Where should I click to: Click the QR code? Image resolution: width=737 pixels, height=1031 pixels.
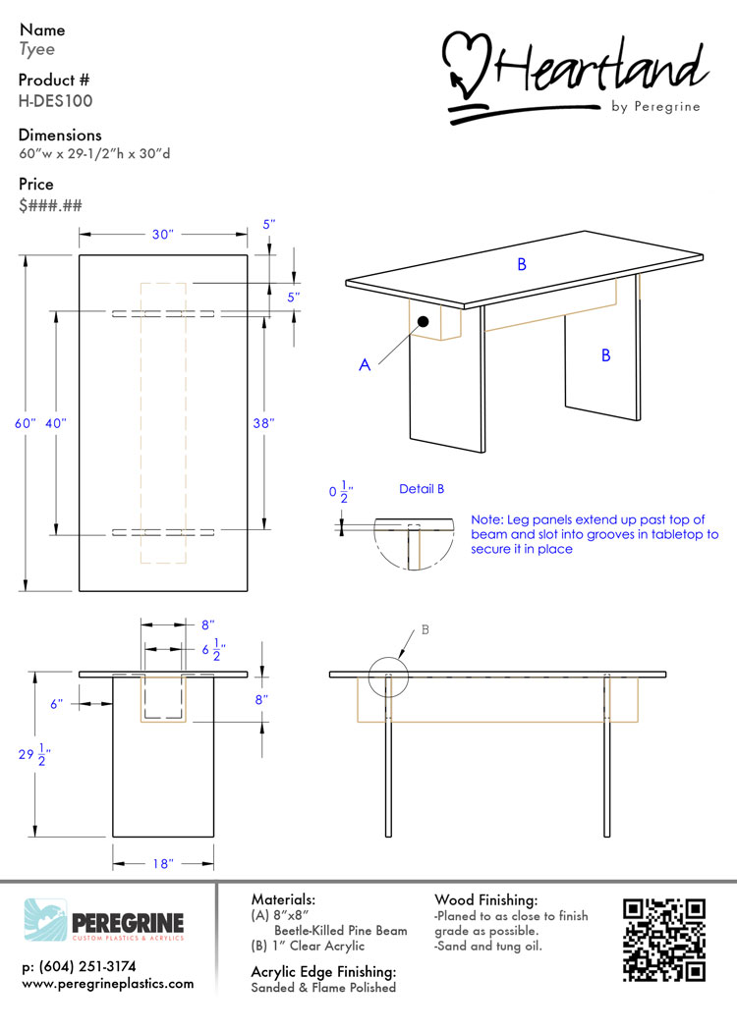(664, 941)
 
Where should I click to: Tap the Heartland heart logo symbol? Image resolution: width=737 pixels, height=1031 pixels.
(466, 65)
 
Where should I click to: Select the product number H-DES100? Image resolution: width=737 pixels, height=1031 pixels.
(55, 100)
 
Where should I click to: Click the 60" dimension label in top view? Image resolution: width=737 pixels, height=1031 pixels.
(25, 423)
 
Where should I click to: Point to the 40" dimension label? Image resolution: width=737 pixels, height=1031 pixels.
(56, 423)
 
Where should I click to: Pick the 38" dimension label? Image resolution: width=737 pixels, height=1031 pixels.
(263, 423)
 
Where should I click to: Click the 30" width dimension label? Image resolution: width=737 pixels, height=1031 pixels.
(162, 234)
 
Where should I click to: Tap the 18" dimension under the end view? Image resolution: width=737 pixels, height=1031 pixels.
(162, 863)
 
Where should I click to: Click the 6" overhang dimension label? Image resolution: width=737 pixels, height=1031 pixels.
(57, 704)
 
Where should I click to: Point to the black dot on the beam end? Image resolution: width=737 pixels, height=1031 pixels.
(424, 321)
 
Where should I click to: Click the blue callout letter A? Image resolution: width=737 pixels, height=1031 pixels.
(365, 364)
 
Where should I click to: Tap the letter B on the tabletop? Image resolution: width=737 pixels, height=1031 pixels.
(522, 264)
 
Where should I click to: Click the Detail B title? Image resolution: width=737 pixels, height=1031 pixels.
(422, 489)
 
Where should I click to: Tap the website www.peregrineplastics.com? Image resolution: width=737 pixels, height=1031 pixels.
(108, 984)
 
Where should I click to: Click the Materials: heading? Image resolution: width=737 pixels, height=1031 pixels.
(283, 898)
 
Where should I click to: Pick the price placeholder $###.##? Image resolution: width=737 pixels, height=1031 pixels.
(51, 205)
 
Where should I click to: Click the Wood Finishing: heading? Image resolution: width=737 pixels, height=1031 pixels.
(485, 899)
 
